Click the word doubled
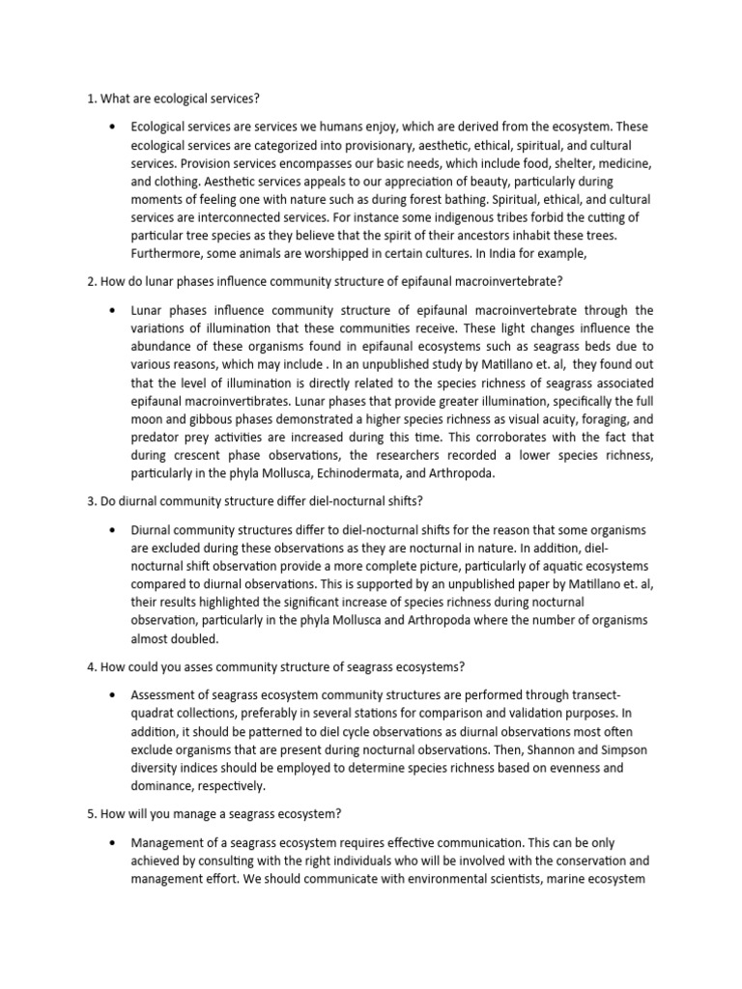197,638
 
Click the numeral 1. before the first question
80,99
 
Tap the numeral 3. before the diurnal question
80,504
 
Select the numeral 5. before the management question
80,813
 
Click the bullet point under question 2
115,310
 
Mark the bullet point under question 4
115,694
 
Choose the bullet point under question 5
115,840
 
